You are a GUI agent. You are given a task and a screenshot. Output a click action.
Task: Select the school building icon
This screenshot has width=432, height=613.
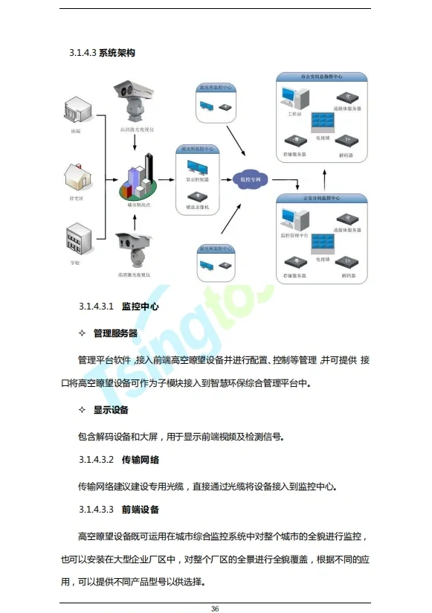coord(78,240)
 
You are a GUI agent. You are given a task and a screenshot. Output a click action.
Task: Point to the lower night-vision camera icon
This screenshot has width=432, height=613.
coord(134,251)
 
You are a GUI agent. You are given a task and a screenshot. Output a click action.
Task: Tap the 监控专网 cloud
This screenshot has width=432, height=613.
coord(248,179)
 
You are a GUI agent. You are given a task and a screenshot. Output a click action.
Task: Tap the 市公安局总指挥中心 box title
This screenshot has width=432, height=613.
coord(321,77)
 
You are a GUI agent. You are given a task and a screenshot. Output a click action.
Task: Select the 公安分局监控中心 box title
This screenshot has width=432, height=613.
coord(321,199)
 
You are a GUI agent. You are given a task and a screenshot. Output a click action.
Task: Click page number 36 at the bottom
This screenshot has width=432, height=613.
coord(215,607)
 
